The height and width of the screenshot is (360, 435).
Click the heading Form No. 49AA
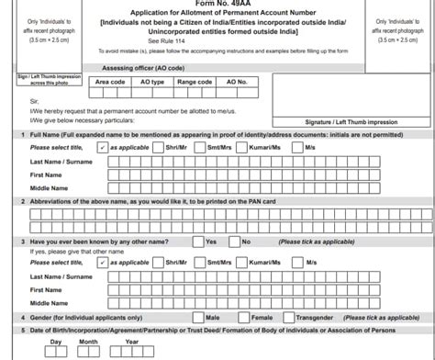click(218, 4)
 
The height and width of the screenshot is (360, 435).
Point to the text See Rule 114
click(218, 42)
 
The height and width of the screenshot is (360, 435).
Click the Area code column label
click(110, 81)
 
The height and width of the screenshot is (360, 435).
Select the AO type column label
click(152, 81)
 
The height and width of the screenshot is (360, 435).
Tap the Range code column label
click(195, 81)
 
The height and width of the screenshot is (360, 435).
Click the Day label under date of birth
click(56, 342)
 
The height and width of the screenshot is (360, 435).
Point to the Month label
click(88, 342)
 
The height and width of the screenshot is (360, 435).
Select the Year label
click(132, 342)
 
